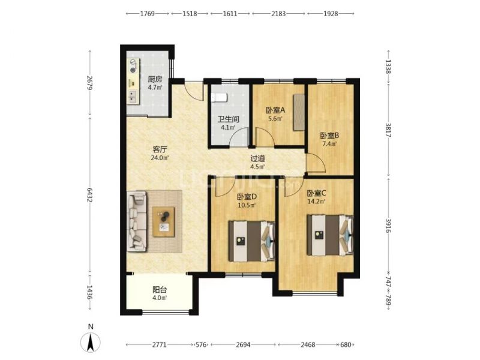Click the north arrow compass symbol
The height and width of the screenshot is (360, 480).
point(91,342)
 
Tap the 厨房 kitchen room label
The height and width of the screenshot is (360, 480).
point(155,79)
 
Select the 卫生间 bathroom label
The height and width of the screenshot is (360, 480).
point(229,119)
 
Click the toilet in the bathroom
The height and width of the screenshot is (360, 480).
point(219,98)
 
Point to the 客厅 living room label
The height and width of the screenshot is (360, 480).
point(160,149)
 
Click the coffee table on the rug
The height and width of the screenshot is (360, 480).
point(164,222)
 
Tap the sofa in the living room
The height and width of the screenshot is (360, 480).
point(137,221)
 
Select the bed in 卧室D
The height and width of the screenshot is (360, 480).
point(251,241)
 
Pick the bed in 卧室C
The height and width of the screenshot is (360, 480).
point(330,235)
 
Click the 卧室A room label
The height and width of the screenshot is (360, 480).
point(275,110)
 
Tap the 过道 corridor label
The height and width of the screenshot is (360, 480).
point(258,158)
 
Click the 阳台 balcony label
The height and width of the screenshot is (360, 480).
point(160,290)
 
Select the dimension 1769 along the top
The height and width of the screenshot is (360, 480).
point(148,14)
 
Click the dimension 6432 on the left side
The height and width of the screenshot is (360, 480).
point(89,194)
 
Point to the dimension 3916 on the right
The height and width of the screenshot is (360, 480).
point(388,226)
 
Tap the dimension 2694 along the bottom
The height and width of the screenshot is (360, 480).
point(243,345)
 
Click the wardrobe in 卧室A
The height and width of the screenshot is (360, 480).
point(299,112)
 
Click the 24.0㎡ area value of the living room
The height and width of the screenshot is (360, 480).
point(160,158)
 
